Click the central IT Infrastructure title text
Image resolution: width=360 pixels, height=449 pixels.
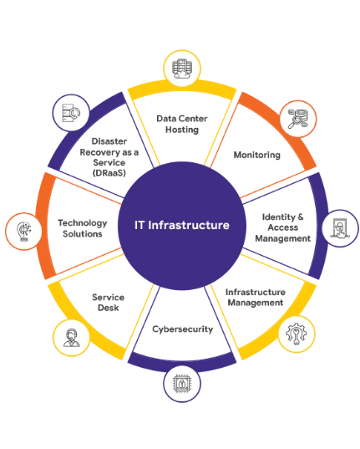pyautogui.click(x=182, y=225)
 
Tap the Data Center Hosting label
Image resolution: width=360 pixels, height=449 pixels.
pyautogui.click(x=182, y=124)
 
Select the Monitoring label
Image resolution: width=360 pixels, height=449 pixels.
pyautogui.click(x=257, y=155)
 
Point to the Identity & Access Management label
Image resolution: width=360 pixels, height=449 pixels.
pyautogui.click(x=282, y=227)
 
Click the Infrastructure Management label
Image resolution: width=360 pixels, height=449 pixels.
pyautogui.click(x=256, y=297)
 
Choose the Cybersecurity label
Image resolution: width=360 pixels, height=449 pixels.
pyautogui.click(x=183, y=329)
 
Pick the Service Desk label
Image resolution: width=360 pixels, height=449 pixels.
pyautogui.click(x=109, y=303)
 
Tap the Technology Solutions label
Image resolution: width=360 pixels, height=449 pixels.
pyautogui.click(x=83, y=228)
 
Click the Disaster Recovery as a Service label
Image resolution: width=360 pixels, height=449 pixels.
pyautogui.click(x=109, y=157)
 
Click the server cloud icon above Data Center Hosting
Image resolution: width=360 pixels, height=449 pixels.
pyautogui.click(x=182, y=69)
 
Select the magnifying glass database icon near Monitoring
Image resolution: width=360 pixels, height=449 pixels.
pyautogui.click(x=298, y=119)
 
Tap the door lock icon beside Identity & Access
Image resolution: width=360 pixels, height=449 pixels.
pyautogui.click(x=340, y=228)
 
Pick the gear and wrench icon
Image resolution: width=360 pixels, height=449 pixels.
pyautogui.click(x=297, y=334)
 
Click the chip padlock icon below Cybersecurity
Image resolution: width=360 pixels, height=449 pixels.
pyautogui.click(x=182, y=383)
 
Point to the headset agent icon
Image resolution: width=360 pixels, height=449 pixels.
pyautogui.click(x=71, y=338)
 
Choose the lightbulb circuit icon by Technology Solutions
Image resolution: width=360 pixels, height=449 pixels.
pyautogui.click(x=24, y=232)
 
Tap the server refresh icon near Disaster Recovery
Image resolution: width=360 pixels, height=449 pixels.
pyautogui.click(x=71, y=114)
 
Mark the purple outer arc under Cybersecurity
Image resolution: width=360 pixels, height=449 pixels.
pyautogui.click(x=182, y=365)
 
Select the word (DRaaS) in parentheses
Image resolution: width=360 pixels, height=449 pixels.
pyautogui.click(x=109, y=173)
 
